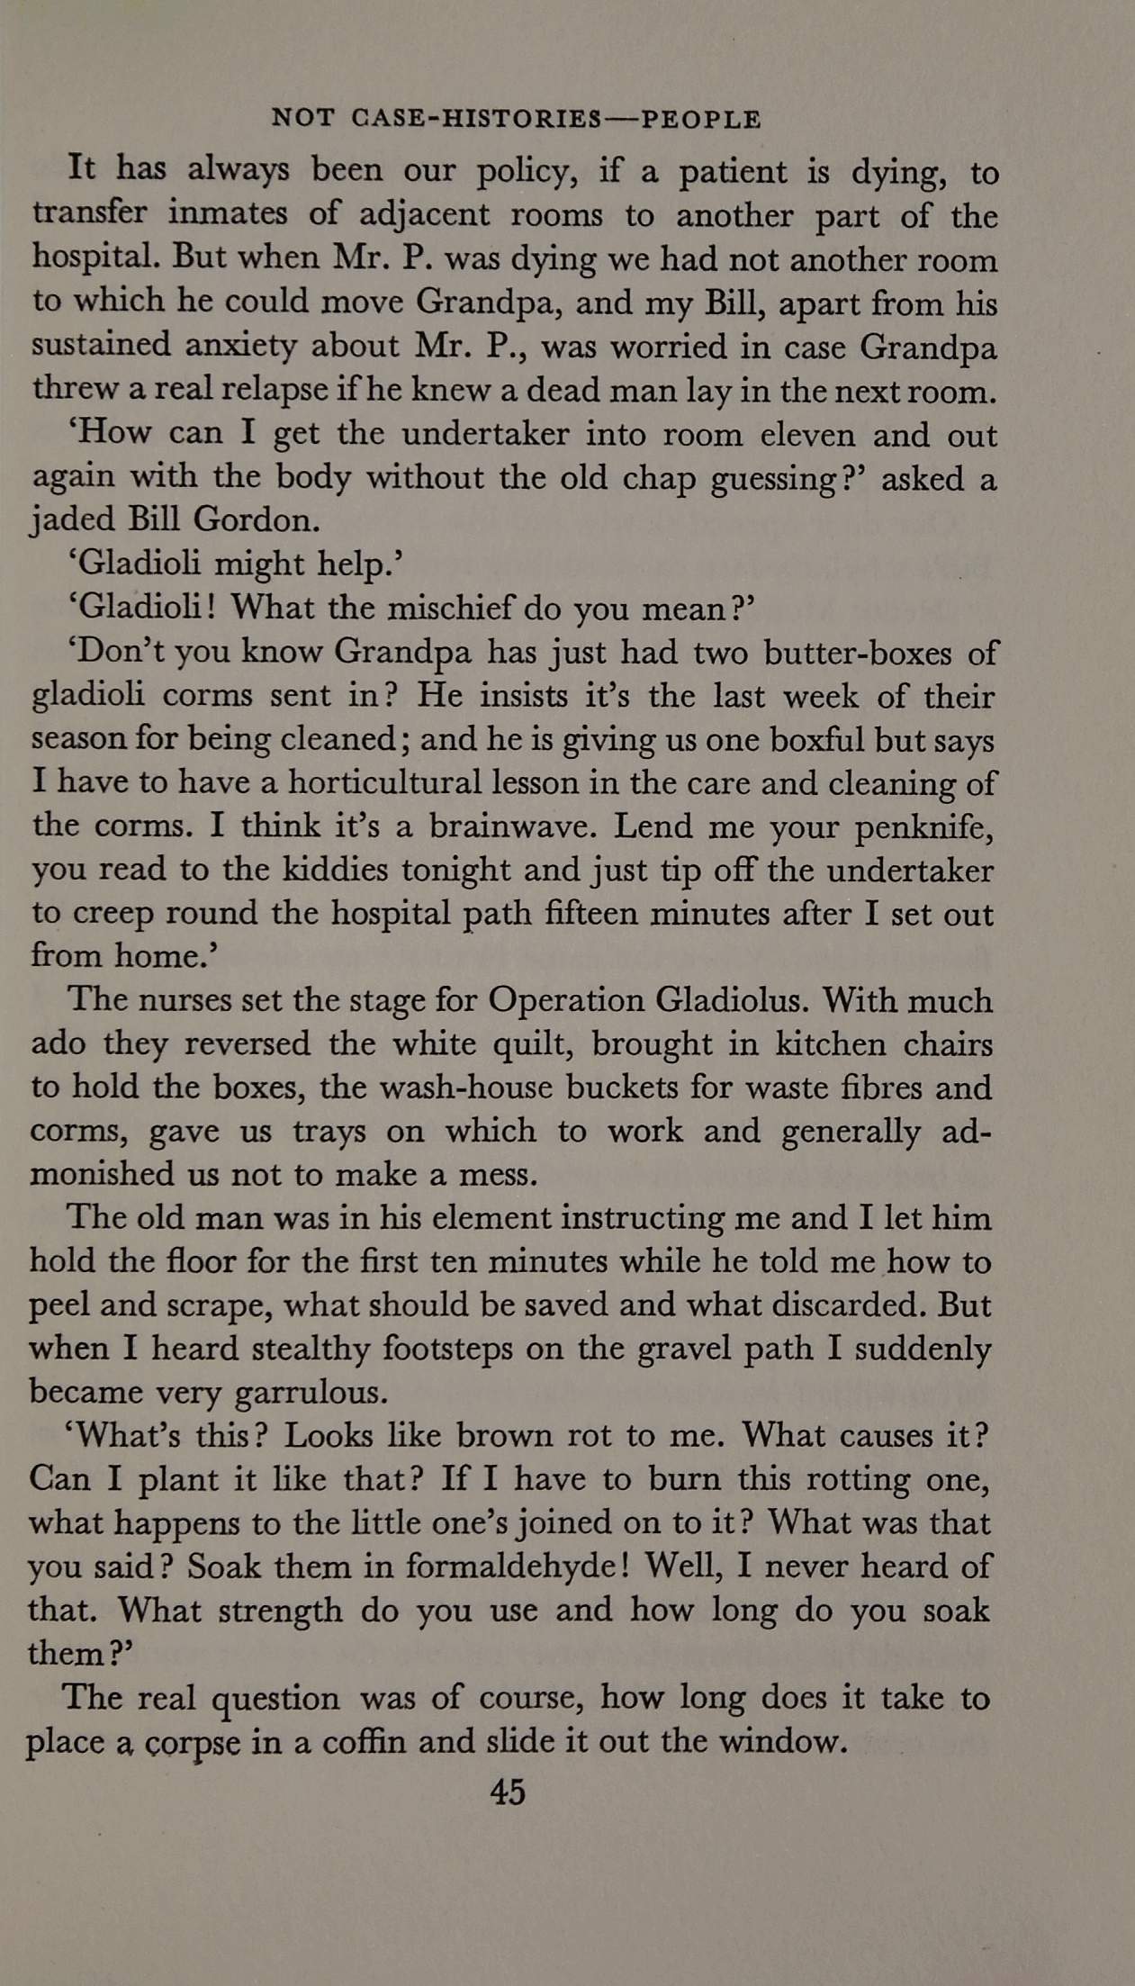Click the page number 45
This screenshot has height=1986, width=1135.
tap(507, 1791)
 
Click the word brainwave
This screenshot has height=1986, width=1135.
tap(511, 826)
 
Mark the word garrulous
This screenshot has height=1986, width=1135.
tap(311, 1393)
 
